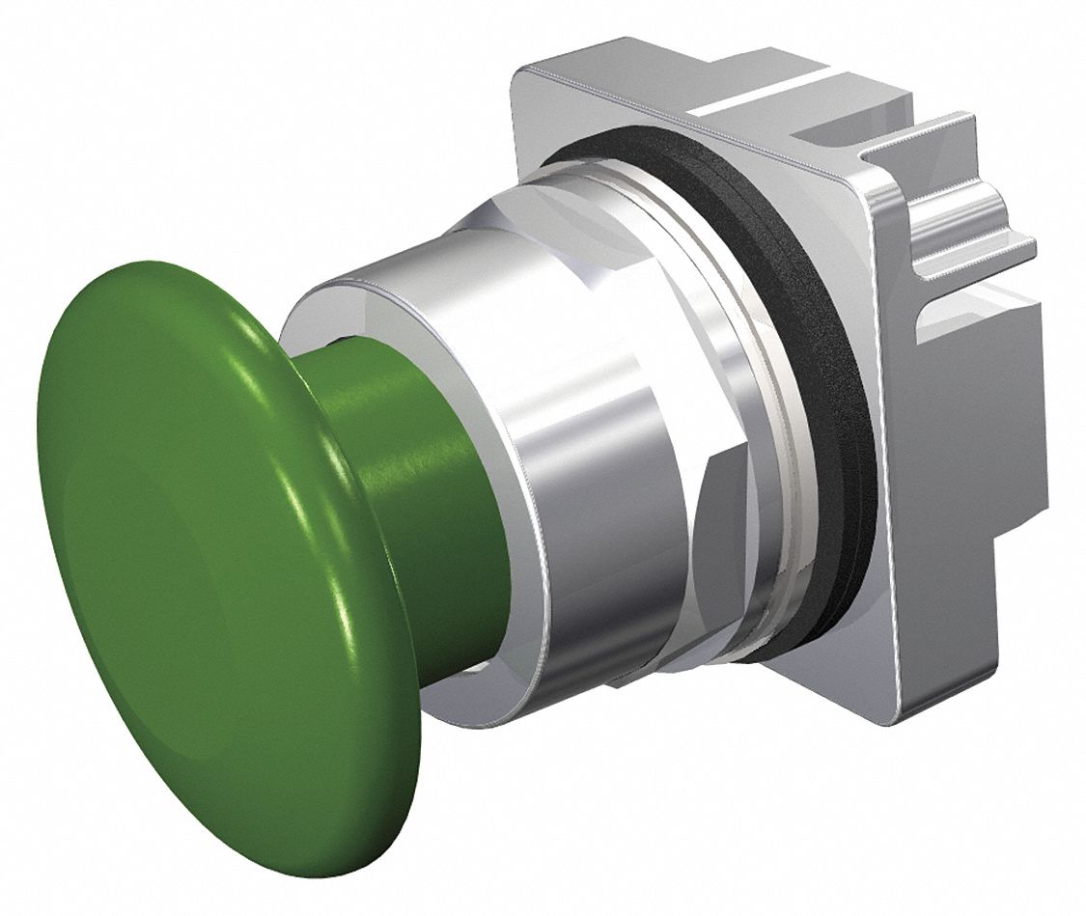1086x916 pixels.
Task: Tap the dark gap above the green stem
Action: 333,341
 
